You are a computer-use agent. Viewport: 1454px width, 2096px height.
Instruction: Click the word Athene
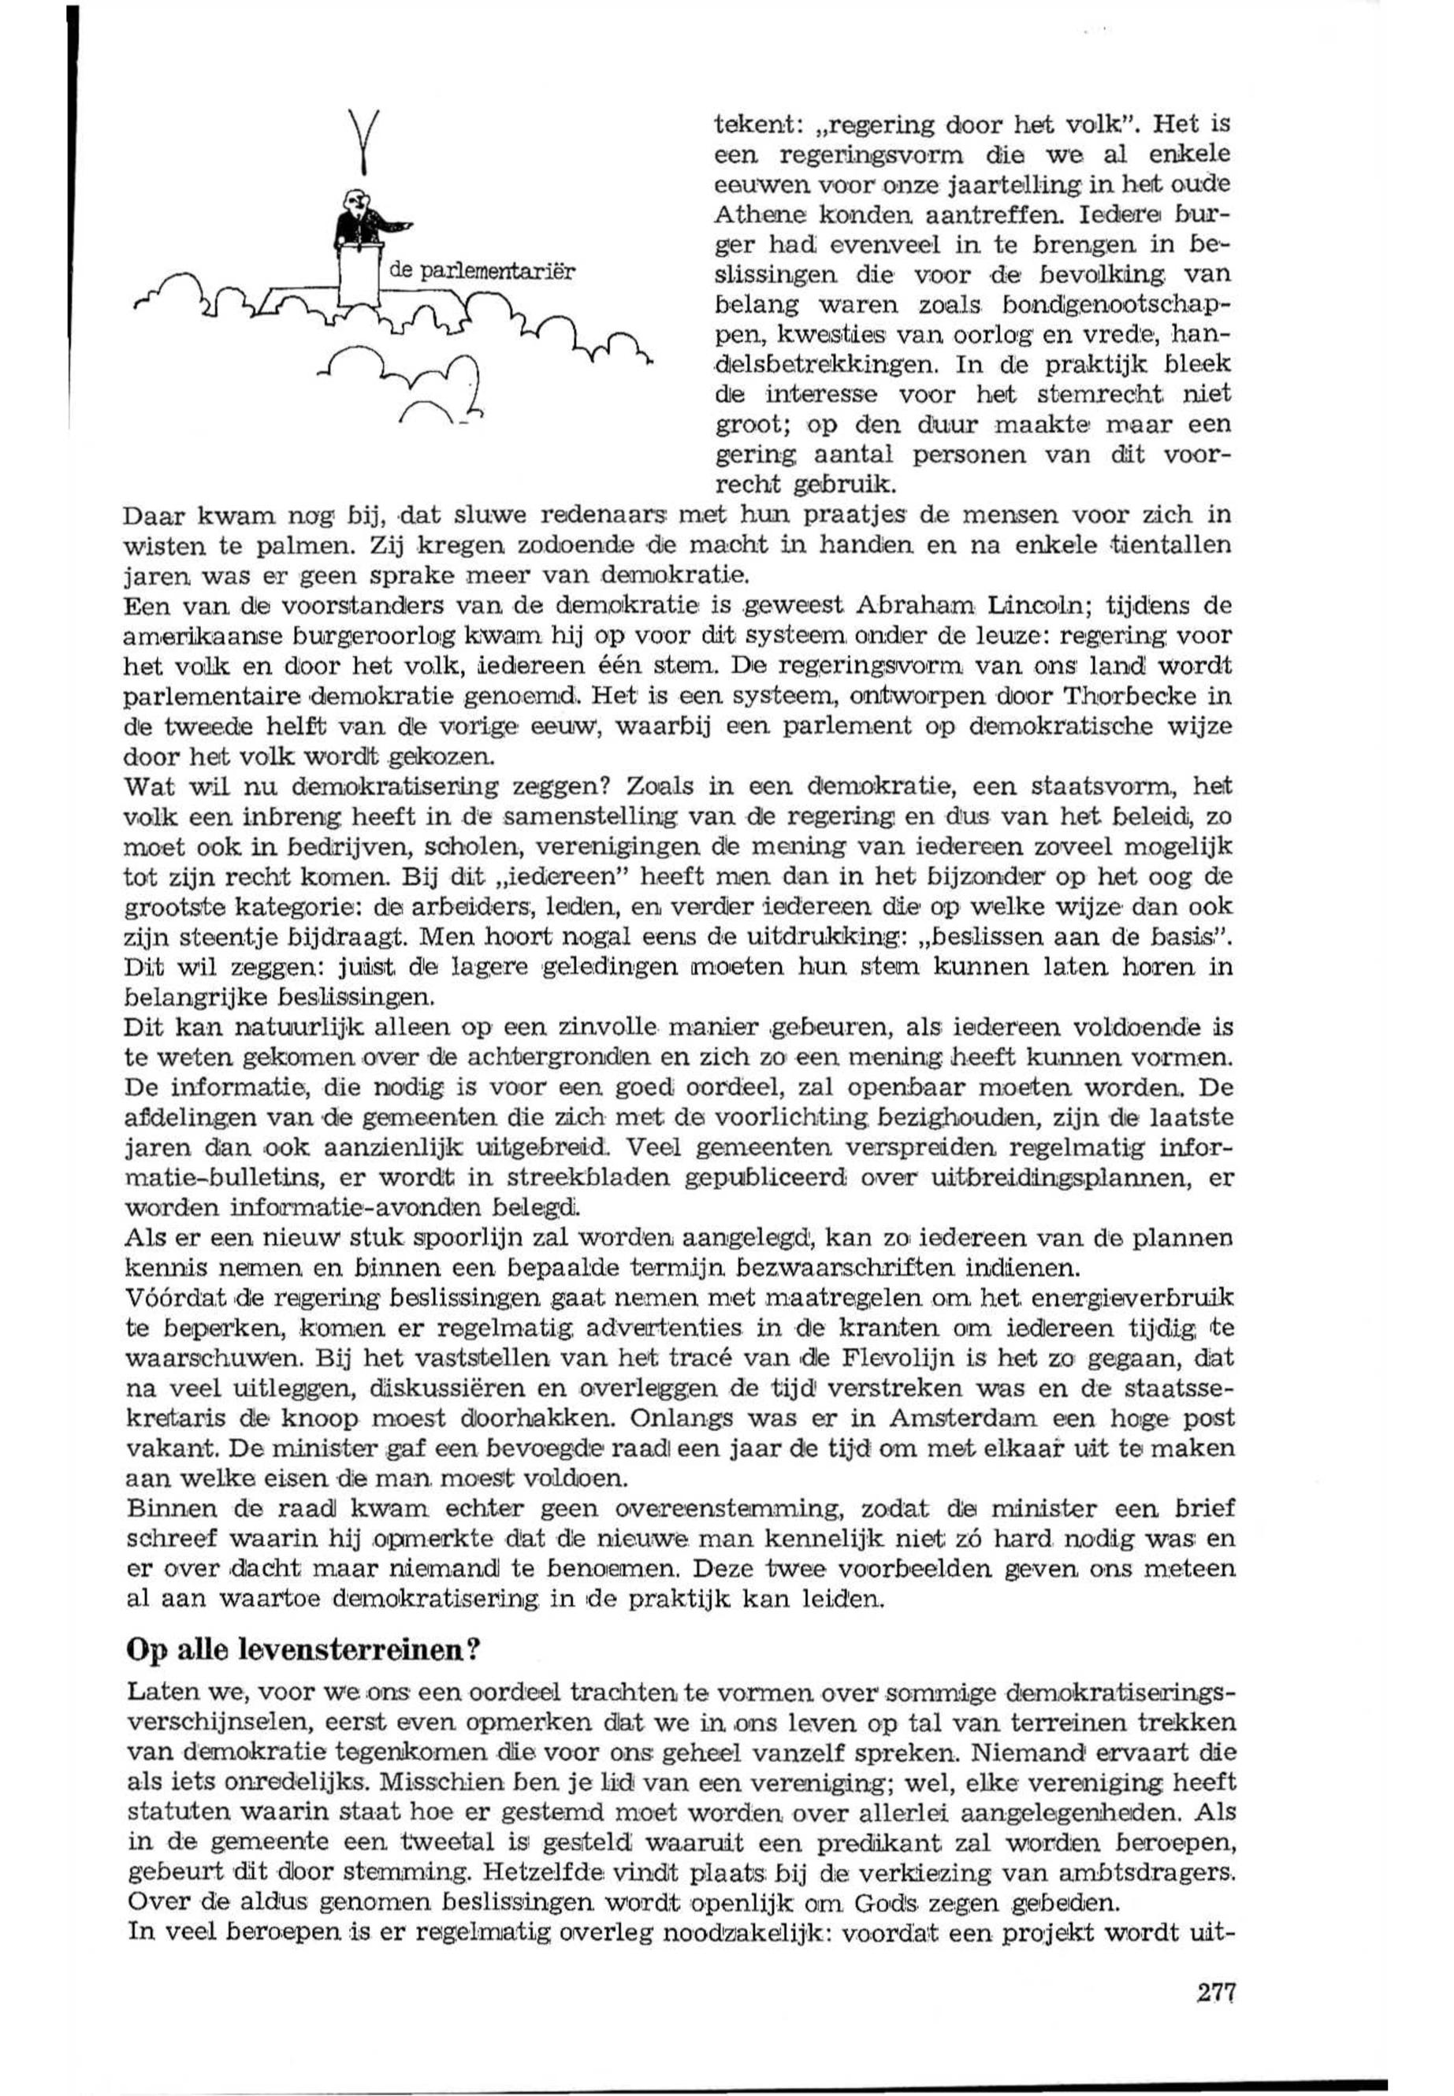(x=749, y=216)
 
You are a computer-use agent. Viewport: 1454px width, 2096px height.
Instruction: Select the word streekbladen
(x=521, y=1179)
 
